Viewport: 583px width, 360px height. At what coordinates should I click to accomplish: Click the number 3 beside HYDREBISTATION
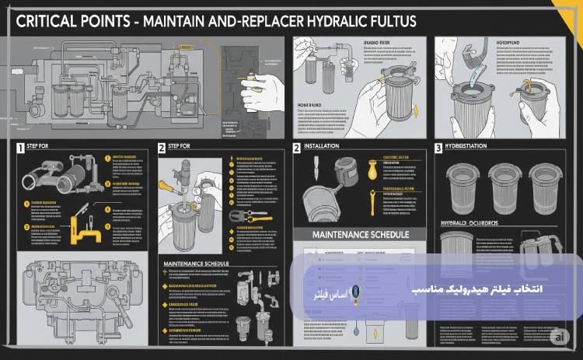(438, 147)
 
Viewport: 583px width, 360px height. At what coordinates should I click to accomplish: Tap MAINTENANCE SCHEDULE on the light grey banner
(360, 232)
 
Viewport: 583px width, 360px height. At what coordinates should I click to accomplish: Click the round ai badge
(557, 337)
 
